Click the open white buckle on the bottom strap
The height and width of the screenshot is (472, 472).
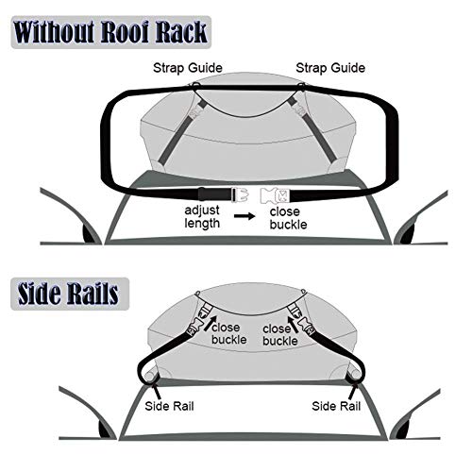tap(278, 194)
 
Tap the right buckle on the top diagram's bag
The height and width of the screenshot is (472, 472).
tap(299, 110)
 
